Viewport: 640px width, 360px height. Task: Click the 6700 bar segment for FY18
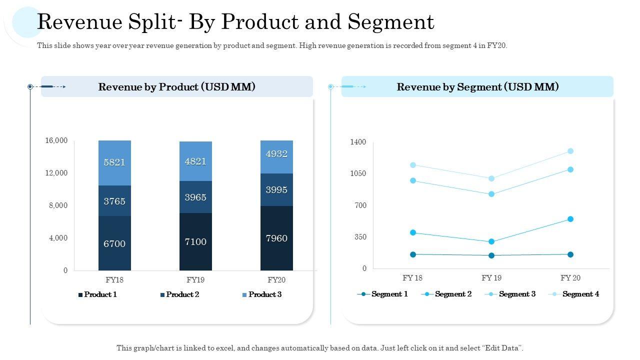[114, 243]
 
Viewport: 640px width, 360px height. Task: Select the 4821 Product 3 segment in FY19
[195, 161]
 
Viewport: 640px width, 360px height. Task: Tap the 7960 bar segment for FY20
[276, 238]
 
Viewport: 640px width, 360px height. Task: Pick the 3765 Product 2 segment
[114, 201]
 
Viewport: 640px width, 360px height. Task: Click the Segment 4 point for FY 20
[570, 151]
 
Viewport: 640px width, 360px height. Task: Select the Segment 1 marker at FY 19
[491, 255]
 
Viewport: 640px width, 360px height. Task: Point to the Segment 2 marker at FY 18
[413, 232]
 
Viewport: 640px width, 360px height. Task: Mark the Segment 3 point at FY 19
[491, 194]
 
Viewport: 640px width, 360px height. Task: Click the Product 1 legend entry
[98, 294]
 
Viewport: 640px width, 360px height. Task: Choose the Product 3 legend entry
[261, 294]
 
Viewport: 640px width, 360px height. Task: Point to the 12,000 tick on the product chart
[56, 173]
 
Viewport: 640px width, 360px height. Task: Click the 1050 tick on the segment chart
[357, 173]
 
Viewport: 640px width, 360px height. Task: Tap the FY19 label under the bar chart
[195, 279]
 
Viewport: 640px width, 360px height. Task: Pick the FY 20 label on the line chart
[570, 278]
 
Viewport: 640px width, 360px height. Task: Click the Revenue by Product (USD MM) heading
[177, 86]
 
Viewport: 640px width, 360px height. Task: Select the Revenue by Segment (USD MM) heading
[477, 86]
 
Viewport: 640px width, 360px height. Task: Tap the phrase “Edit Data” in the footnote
[501, 348]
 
